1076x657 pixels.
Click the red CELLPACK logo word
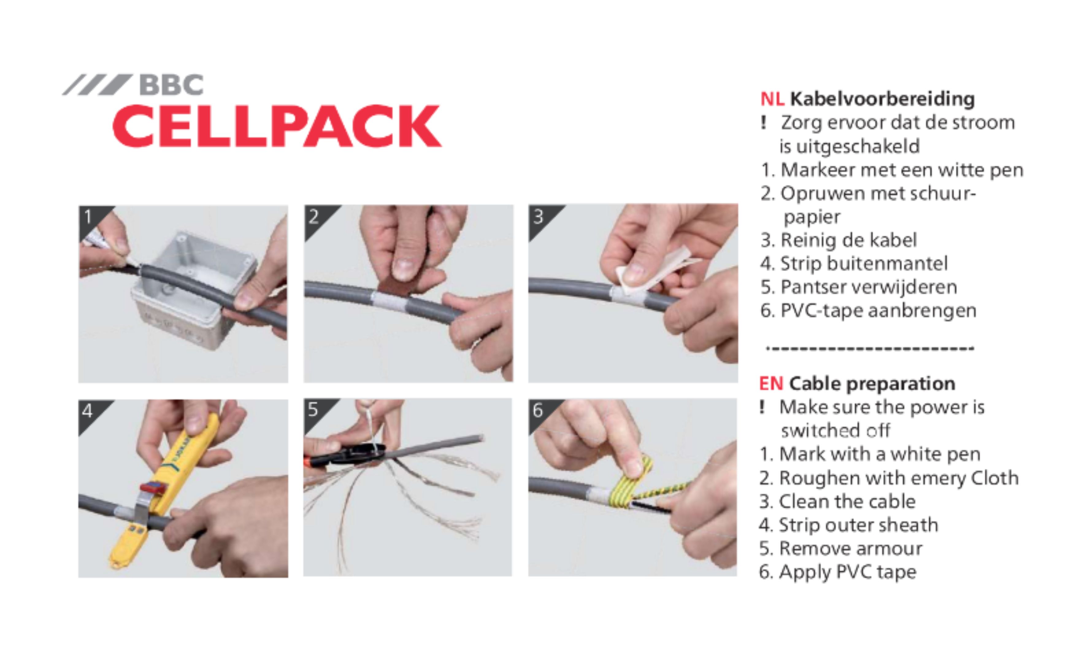pyautogui.click(x=277, y=126)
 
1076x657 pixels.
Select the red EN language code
pyautogui.click(x=771, y=384)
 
